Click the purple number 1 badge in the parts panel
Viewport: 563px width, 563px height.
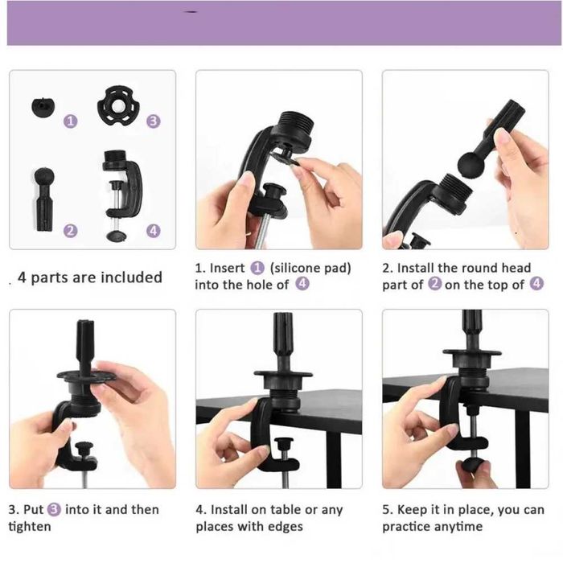(71, 121)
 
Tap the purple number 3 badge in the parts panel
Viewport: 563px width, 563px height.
(154, 121)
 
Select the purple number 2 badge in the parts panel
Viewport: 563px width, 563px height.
(71, 231)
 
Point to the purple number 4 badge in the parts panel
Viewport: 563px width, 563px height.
(154, 231)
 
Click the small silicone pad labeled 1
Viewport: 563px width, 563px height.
(43, 107)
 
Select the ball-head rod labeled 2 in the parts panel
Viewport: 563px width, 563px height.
(44, 199)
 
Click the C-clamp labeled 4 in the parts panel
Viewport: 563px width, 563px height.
(121, 195)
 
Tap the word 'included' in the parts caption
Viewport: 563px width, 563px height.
(131, 277)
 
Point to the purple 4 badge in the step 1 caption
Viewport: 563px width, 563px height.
(302, 284)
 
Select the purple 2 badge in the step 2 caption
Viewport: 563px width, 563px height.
(435, 284)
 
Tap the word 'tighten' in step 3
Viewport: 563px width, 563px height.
(30, 527)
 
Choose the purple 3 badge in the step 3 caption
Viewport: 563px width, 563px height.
(54, 509)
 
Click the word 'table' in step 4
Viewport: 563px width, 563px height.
(286, 509)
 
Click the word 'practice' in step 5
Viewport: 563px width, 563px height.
(406, 527)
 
